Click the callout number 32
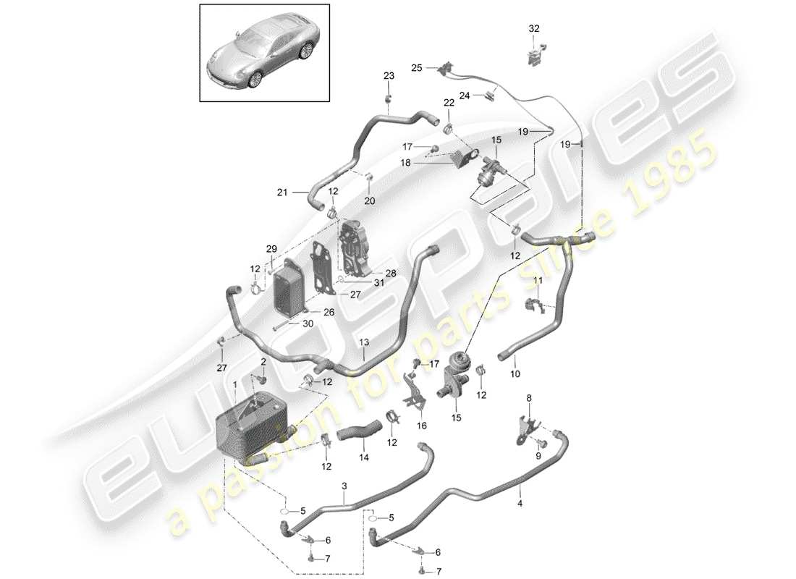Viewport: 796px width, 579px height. (534, 28)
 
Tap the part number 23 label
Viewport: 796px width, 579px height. (389, 76)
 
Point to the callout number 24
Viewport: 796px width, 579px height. (465, 95)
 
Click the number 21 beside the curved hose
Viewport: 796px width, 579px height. (282, 193)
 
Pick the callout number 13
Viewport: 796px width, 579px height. (364, 341)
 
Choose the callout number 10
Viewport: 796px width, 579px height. (515, 373)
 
